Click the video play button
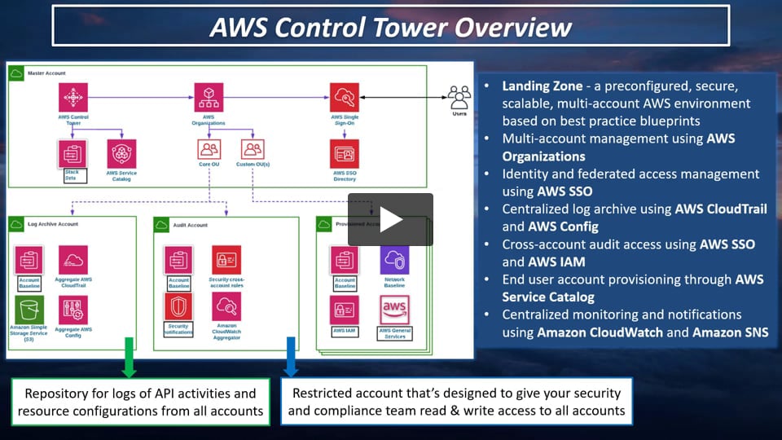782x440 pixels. [390, 219]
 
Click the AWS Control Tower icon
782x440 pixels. [73, 98]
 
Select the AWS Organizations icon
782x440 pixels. [209, 98]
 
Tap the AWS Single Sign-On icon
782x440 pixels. [344, 98]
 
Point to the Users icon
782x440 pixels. [459, 98]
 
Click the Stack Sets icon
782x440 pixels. [72, 153]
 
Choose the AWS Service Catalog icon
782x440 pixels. [121, 153]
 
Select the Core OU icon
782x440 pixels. [209, 149]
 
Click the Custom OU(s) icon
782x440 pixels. [253, 149]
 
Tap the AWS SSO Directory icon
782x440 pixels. [344, 153]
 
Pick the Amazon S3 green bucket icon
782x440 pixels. [29, 310]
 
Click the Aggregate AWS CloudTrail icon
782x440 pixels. [73, 260]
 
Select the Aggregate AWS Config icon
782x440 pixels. [73, 310]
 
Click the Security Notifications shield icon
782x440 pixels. [178, 307]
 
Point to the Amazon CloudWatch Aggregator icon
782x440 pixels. [226, 307]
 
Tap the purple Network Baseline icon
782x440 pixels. [394, 260]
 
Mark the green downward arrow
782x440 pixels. [129, 356]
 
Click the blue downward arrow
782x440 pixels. [291, 356]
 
